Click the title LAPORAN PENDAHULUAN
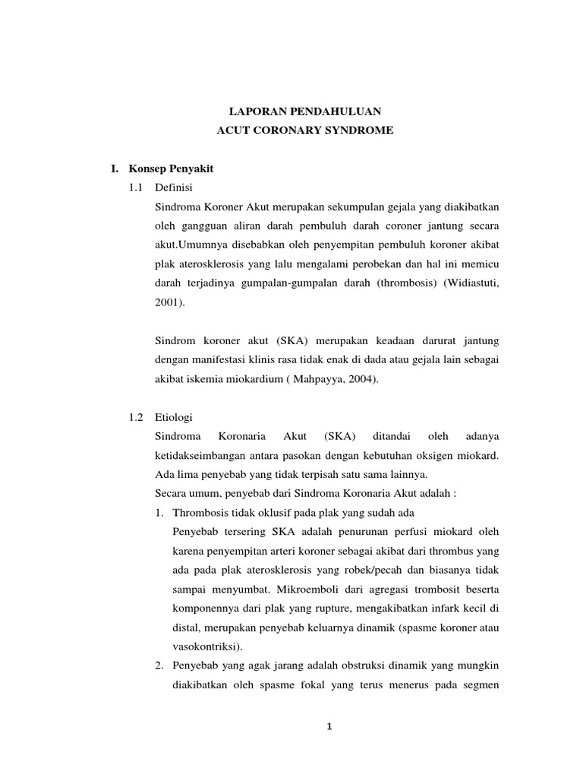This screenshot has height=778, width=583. pos(304,110)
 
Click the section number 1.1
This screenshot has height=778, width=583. pos(137,186)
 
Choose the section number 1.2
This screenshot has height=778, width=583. pos(137,417)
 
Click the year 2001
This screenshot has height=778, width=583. pos(167,302)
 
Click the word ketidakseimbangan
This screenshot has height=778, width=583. pos(197,455)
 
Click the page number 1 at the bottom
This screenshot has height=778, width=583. pos(329,727)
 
